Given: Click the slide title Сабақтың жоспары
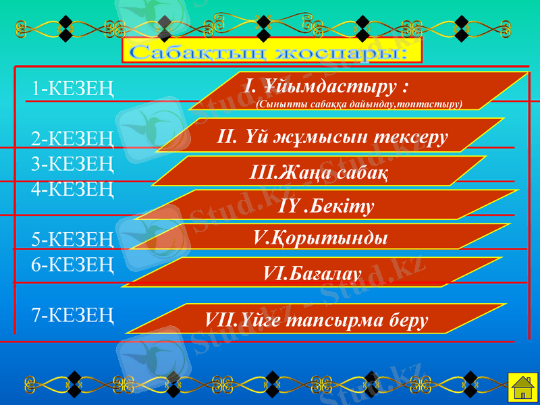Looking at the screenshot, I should coord(272,51).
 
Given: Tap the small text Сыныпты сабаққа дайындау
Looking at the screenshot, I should coord(359,104).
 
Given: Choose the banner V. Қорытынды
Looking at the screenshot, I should coord(320,238).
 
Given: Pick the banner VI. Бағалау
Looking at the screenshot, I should coord(312,272).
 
